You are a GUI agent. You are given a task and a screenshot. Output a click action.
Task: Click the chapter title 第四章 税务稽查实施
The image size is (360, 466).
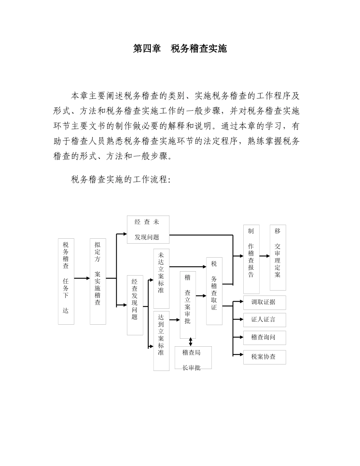pyautogui.click(x=180, y=49)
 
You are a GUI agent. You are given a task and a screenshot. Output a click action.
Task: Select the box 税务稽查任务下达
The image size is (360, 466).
pyautogui.click(x=66, y=281)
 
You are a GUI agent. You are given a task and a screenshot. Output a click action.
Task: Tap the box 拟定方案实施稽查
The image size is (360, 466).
pyautogui.click(x=98, y=281)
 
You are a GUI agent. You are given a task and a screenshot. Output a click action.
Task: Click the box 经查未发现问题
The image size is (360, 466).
pyautogui.click(x=148, y=230)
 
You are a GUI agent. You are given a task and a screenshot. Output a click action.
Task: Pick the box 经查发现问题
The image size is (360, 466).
pyautogui.click(x=135, y=305)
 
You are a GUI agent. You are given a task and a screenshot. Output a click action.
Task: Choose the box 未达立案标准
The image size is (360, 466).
pyautogui.click(x=161, y=278)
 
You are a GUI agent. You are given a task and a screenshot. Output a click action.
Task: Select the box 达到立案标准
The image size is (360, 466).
pyautogui.click(x=161, y=341)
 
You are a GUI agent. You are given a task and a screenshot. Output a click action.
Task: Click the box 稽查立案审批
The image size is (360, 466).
pyautogui.click(x=188, y=305)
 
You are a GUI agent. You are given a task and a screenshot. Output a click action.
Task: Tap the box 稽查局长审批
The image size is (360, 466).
pyautogui.click(x=193, y=357)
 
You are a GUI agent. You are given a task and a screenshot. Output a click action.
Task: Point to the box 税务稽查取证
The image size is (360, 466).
pyautogui.click(x=214, y=291)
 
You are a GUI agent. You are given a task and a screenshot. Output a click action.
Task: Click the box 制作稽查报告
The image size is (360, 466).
pyautogui.click(x=251, y=259)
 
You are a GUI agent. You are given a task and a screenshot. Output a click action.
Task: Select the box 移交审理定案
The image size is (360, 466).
pyautogui.click(x=278, y=258)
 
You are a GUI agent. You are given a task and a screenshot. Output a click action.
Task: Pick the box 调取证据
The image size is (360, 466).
pyautogui.click(x=265, y=302)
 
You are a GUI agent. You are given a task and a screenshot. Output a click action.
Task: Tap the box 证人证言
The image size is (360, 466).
pyautogui.click(x=265, y=320)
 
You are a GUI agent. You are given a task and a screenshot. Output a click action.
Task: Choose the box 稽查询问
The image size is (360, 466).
pyautogui.click(x=265, y=338)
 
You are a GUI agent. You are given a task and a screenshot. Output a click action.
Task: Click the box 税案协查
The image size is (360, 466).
pyautogui.click(x=265, y=357)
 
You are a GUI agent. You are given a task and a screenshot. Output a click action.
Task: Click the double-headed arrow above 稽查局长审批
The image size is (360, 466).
pyautogui.click(x=190, y=342)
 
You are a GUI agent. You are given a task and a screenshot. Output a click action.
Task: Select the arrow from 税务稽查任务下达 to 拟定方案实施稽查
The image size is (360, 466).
pyautogui.click(x=82, y=278)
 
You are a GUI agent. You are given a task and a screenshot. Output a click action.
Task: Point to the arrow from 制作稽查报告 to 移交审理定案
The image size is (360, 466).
pyautogui.click(x=265, y=256)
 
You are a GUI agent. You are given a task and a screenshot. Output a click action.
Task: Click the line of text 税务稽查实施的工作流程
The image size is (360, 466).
pyautogui.click(x=121, y=180)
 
